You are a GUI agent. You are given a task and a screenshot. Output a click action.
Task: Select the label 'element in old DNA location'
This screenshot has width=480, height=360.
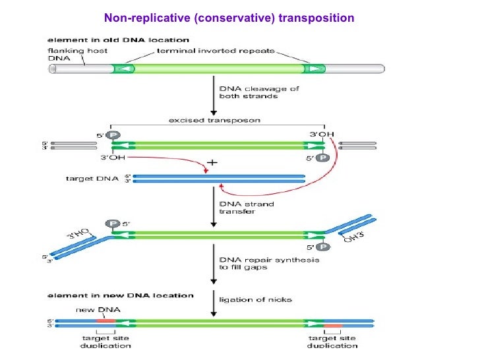point(98,40)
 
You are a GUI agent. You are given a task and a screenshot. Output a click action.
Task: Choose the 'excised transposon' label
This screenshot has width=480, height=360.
point(215,120)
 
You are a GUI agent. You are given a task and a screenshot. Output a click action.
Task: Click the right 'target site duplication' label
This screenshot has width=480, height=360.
point(332,342)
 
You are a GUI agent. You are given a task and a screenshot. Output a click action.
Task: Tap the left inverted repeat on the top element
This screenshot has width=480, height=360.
point(123,69)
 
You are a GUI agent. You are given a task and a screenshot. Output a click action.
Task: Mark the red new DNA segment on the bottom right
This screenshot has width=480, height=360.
point(332,325)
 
